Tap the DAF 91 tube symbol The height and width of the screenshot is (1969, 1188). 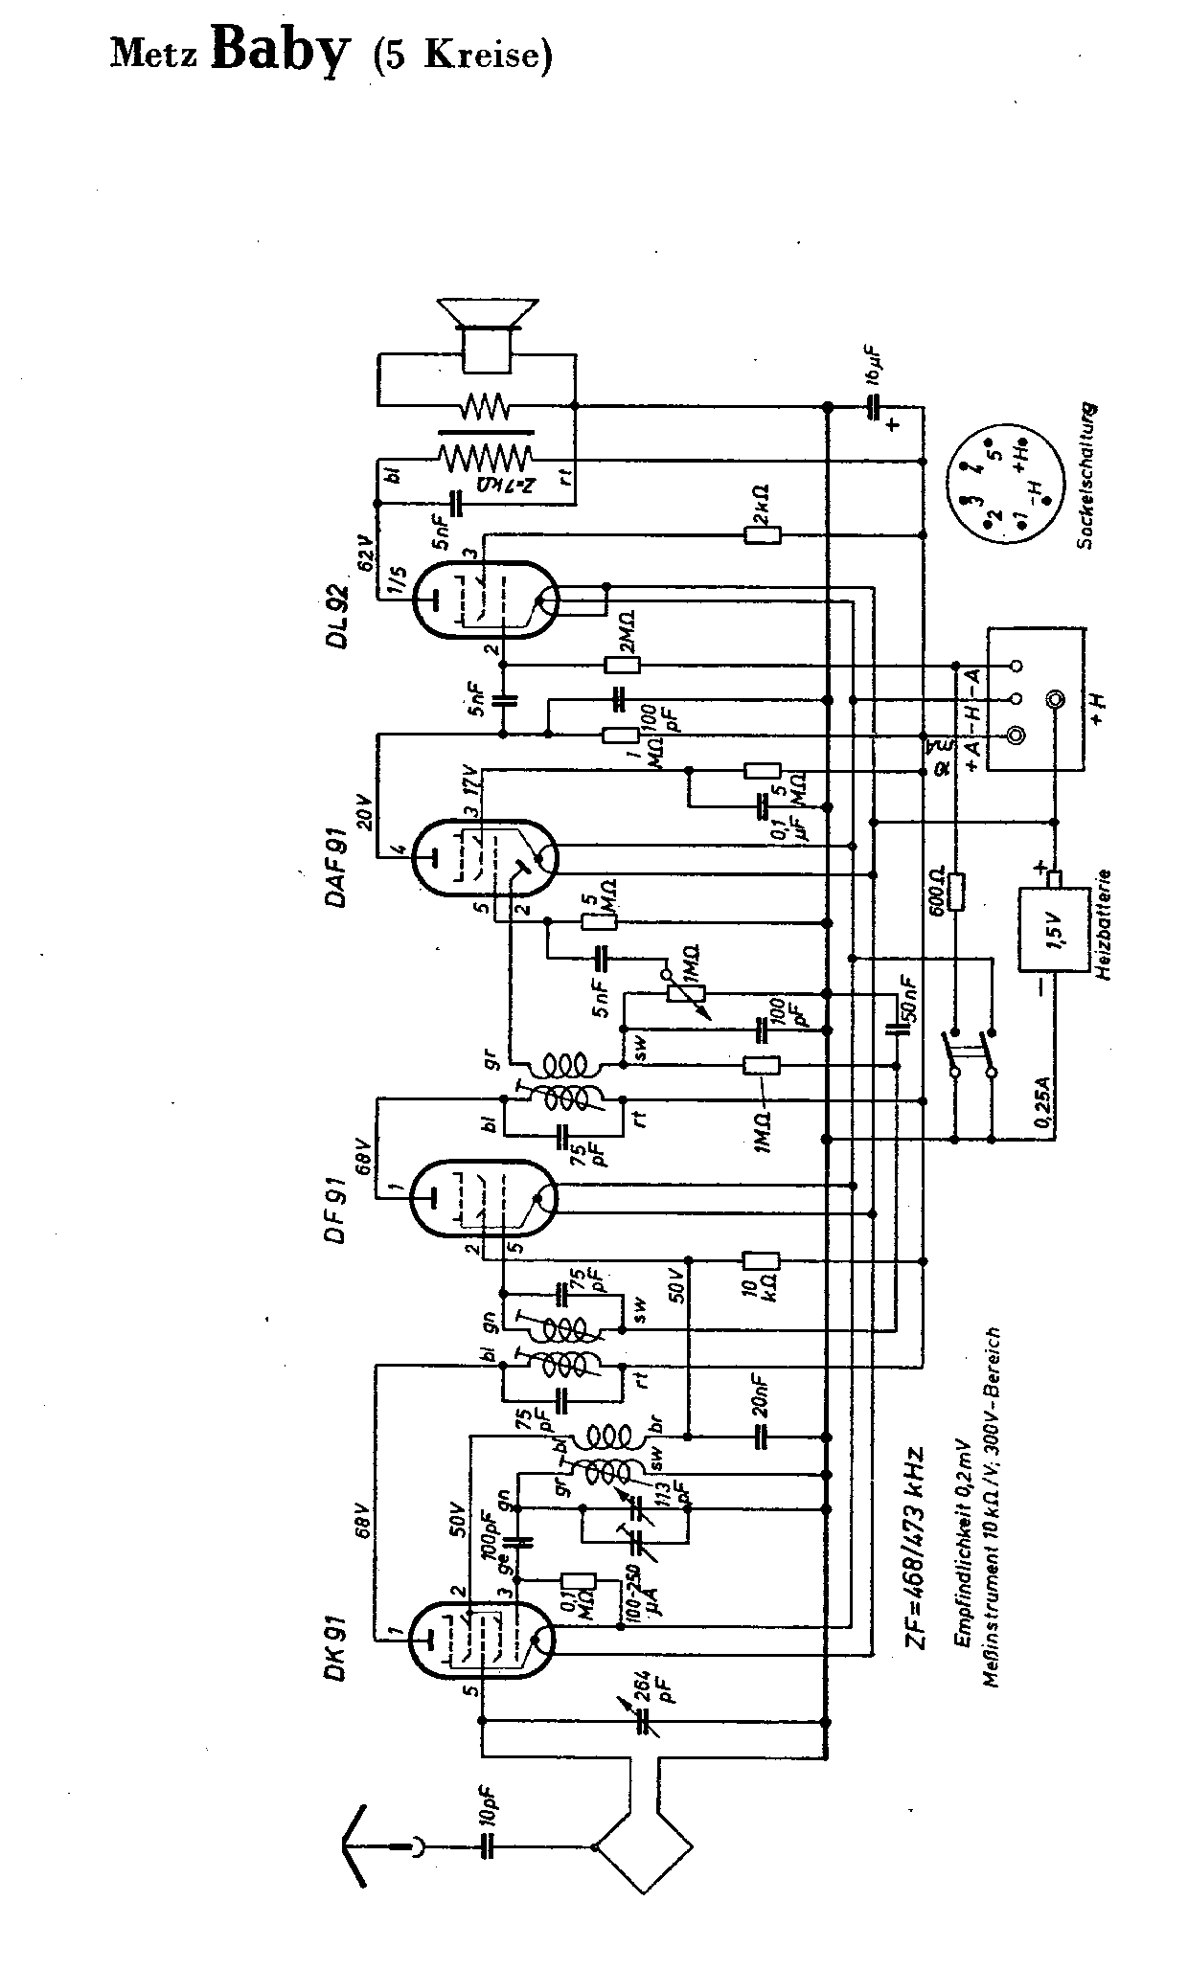pyautogui.click(x=485, y=857)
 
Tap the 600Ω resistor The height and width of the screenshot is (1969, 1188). pyautogui.click(x=956, y=892)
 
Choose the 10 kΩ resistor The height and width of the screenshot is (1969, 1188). pyautogui.click(x=763, y=1261)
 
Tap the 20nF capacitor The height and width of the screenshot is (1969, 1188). pyautogui.click(x=763, y=1437)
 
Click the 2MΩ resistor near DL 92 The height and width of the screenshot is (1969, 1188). pyautogui.click(x=622, y=665)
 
